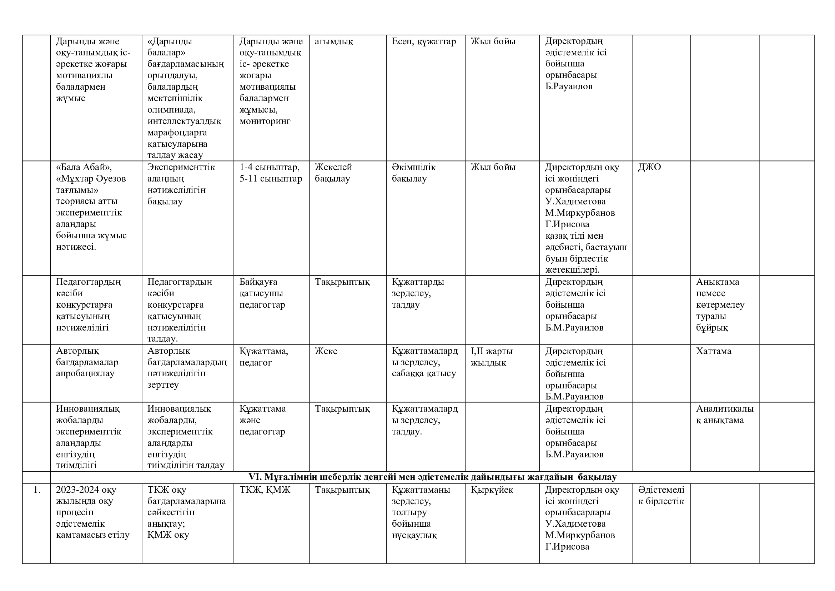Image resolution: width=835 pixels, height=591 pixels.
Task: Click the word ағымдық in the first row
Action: coord(333,41)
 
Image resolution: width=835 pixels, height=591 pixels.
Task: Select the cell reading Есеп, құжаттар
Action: coord(424,41)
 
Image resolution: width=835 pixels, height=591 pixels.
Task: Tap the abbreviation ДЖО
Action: coord(649,167)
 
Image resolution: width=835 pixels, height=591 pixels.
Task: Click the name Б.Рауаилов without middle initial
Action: coord(568,86)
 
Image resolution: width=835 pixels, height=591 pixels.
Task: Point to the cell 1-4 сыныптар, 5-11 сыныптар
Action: coord(271,173)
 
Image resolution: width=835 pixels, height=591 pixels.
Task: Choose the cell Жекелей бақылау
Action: coord(333,173)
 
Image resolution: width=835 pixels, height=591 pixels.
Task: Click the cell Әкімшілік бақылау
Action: coord(413,173)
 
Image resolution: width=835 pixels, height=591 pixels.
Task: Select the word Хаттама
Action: coord(713,351)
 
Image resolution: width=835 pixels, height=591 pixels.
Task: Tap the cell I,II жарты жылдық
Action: coord(491,357)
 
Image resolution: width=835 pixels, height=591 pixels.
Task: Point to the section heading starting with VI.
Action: coord(432,477)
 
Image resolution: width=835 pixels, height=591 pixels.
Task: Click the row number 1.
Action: coord(37,490)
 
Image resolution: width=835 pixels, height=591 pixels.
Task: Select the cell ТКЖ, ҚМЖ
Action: coord(265,490)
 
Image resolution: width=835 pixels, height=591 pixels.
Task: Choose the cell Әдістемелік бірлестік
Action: coord(661,495)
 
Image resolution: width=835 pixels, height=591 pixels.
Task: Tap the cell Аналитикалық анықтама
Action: coord(724,414)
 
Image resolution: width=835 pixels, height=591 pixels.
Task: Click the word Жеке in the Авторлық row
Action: coord(326,351)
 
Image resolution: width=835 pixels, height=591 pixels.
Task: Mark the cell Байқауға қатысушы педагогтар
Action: coord(262,293)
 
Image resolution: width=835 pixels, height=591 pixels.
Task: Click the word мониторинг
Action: coord(265,121)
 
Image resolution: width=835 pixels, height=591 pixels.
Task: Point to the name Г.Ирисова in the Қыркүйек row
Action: coord(567,546)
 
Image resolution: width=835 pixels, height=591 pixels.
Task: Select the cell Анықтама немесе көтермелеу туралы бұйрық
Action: coord(720,304)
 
